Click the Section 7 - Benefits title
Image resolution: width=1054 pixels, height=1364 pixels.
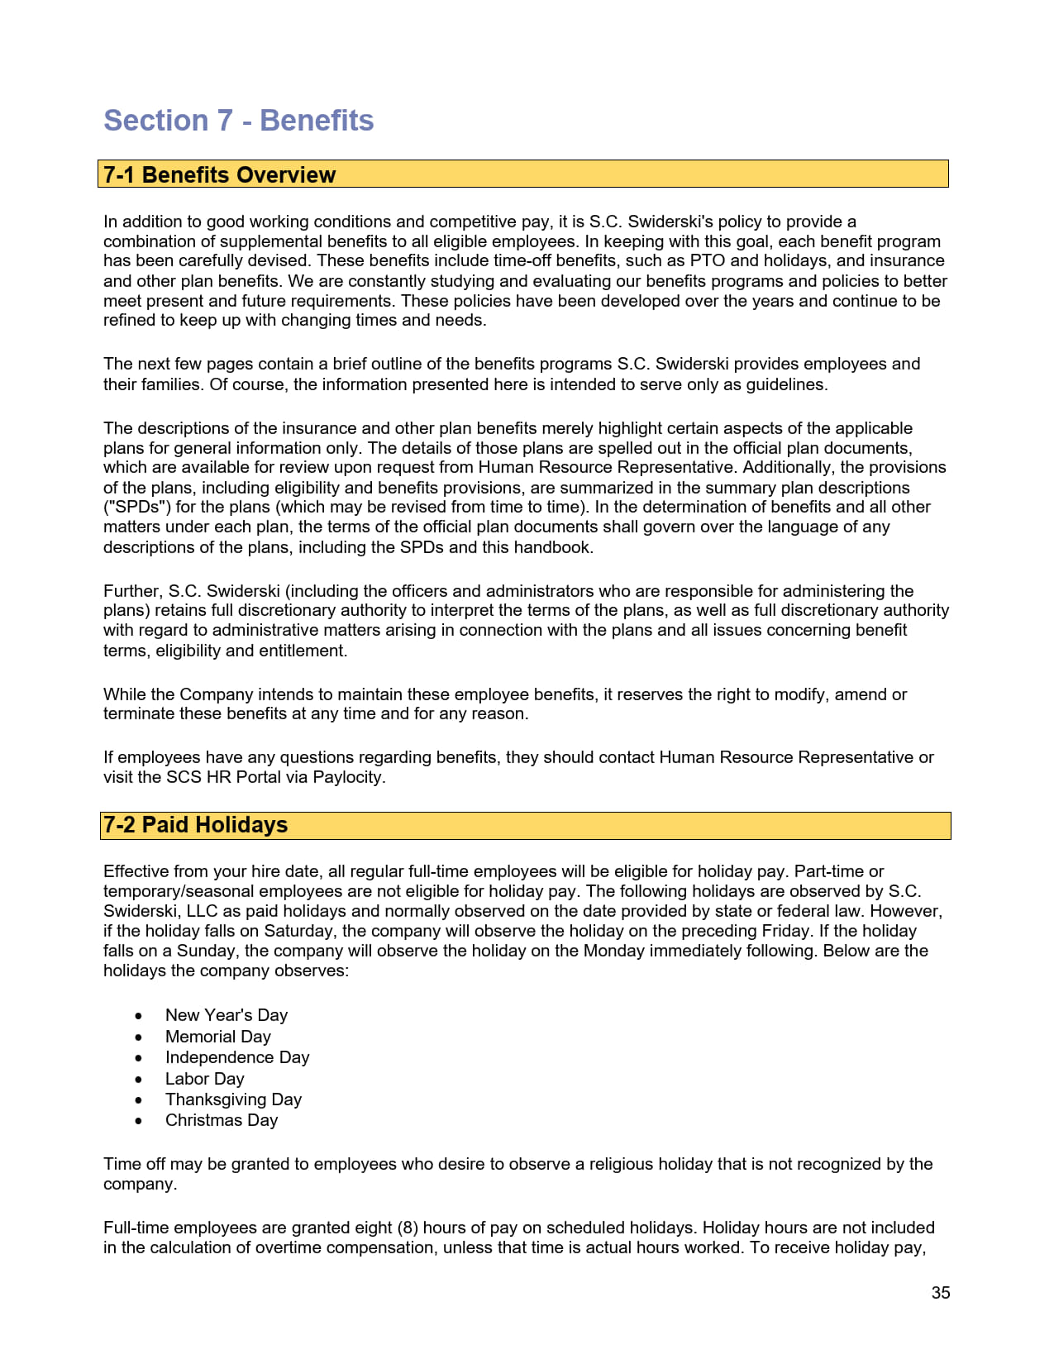(238, 121)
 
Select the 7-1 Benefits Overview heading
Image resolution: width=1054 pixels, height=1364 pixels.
(219, 174)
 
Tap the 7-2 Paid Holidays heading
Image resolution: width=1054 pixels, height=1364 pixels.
(195, 825)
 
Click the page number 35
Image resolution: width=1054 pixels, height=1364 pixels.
(940, 1293)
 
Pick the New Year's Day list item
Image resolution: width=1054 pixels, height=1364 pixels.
(226, 1015)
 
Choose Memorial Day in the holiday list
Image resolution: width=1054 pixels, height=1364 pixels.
(217, 1037)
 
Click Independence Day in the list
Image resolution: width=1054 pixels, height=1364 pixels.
(236, 1057)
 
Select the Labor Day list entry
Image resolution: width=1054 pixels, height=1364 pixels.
(204, 1079)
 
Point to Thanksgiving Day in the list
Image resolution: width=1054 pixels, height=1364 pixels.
(233, 1099)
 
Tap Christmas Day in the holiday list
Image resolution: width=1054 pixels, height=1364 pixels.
(221, 1120)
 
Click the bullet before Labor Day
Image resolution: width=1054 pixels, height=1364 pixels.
(139, 1080)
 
